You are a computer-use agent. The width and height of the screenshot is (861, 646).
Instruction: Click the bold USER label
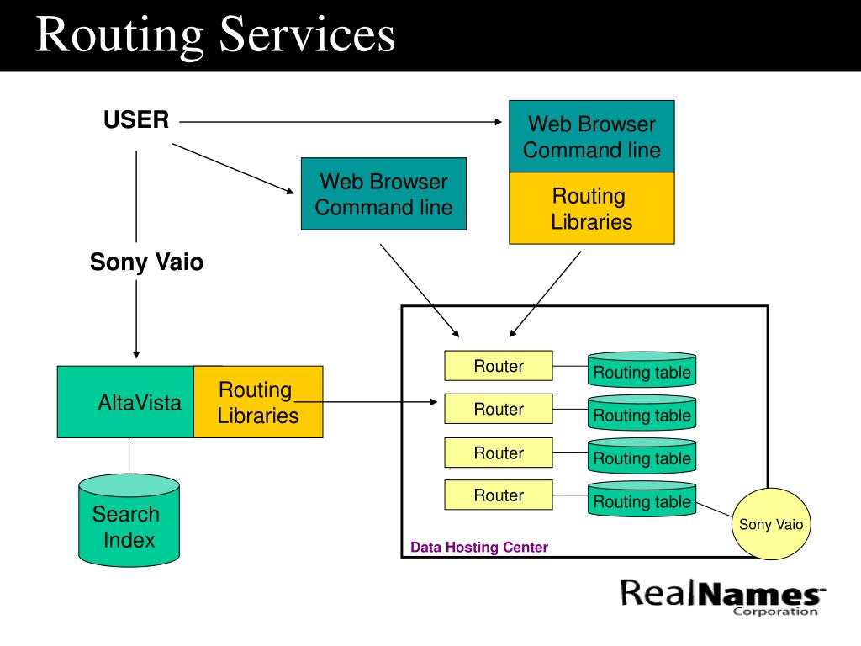136,119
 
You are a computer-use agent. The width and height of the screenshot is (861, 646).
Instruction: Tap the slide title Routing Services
215,34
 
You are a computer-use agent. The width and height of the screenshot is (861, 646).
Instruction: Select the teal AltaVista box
126,402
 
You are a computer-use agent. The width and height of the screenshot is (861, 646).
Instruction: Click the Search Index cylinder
129,520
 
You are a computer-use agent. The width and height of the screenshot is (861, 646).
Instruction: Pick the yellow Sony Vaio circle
771,524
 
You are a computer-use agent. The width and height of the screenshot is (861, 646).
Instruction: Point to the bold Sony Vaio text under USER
146,262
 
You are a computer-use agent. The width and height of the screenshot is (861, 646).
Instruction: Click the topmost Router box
499,366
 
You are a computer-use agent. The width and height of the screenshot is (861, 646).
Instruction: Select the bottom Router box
499,495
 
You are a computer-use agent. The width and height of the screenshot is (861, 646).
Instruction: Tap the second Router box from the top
499,409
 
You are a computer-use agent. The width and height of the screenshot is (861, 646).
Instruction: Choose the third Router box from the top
499,453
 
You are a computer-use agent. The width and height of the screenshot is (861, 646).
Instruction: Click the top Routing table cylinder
642,370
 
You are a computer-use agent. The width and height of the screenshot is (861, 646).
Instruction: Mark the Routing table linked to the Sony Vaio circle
642,500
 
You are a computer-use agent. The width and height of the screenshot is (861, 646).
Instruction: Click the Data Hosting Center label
479,547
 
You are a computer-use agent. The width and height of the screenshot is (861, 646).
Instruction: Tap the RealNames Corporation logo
722,597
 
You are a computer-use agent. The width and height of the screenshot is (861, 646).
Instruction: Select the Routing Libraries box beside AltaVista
258,402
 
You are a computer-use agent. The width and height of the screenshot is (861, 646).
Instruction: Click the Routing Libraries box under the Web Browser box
592,209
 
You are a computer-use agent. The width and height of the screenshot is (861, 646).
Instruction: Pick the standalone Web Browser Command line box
383,194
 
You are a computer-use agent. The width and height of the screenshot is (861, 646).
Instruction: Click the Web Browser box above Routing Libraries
592,136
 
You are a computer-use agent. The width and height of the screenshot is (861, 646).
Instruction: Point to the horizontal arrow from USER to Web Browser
341,122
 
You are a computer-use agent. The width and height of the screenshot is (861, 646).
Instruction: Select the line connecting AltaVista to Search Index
129,456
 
